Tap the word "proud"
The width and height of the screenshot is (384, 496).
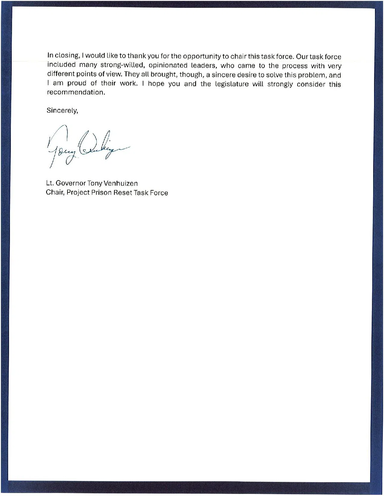(x=77, y=83)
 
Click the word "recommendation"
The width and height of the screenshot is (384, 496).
(x=76, y=92)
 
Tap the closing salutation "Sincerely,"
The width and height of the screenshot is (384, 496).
(x=62, y=111)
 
